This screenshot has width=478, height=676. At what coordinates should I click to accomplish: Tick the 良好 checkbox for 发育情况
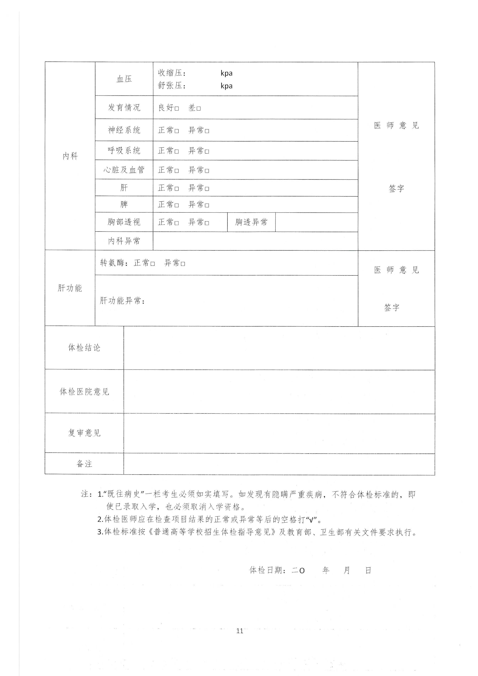177,108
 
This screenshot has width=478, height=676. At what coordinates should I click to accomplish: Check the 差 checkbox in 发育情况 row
199,108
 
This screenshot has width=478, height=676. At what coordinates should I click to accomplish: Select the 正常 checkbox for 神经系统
177,131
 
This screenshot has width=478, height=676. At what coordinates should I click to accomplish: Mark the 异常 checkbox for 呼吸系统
207,151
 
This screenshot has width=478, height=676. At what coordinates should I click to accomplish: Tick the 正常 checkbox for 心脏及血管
177,170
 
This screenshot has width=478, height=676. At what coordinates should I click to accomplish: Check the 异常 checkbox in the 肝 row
207,189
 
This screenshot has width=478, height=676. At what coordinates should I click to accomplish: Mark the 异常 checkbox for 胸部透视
207,223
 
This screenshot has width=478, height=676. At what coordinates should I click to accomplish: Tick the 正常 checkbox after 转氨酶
152,263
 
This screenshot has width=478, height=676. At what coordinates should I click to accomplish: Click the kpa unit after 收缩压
226,73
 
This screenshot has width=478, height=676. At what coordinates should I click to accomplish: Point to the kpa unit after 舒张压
226,86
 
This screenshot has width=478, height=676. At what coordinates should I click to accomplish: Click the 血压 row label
124,79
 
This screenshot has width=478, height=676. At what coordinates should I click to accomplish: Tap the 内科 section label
70,156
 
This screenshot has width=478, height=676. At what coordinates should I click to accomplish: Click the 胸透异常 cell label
251,222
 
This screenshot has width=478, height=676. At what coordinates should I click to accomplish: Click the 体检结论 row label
84,348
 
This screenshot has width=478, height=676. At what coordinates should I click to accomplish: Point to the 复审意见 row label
84,433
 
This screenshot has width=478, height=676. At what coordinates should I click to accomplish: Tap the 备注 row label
84,464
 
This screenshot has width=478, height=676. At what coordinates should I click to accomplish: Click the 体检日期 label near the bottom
267,570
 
